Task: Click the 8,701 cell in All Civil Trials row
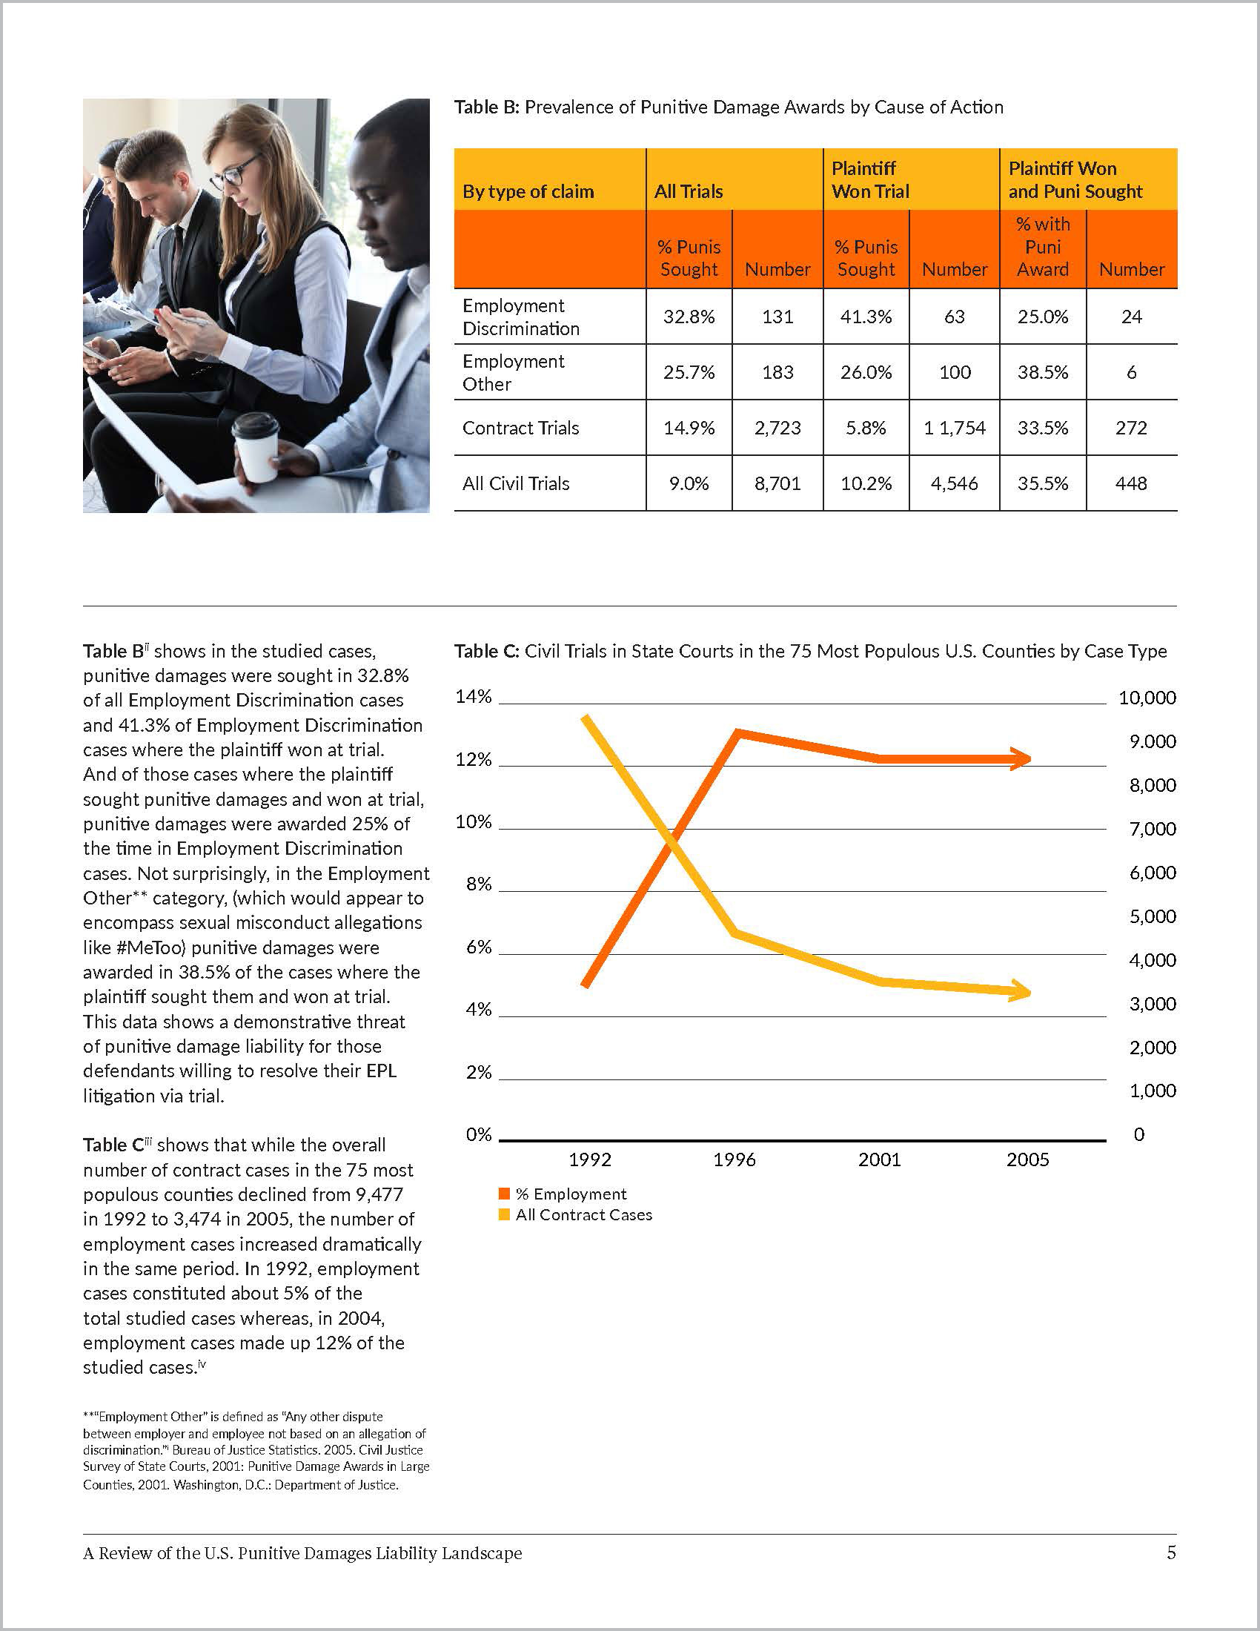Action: point(777,483)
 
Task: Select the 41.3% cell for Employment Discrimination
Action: point(866,317)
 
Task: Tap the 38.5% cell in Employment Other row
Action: point(1042,372)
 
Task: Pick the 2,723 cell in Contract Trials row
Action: point(777,428)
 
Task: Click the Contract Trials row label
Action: point(520,428)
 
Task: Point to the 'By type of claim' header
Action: point(528,191)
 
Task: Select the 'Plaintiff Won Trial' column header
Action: point(870,180)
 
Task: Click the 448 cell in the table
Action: point(1131,483)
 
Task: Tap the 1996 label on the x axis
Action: point(735,1159)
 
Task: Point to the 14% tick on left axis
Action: point(474,697)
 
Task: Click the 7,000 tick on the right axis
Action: point(1153,828)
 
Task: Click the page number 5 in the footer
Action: point(1171,1553)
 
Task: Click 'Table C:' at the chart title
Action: point(487,651)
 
